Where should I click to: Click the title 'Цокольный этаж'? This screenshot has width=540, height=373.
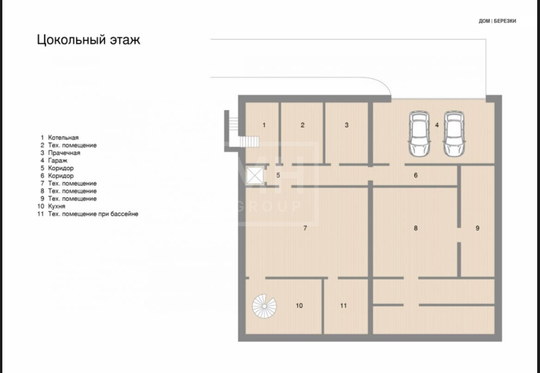pyautogui.click(x=89, y=40)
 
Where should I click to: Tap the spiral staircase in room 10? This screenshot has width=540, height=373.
pyautogui.click(x=264, y=306)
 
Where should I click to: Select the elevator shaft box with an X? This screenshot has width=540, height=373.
pyautogui.click(x=255, y=176)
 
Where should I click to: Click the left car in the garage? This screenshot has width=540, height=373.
pyautogui.click(x=419, y=133)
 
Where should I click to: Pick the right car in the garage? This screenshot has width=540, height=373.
pyautogui.click(x=454, y=133)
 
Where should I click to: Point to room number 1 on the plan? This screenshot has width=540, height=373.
pyautogui.click(x=264, y=125)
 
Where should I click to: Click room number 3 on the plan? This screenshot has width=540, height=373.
pyautogui.click(x=346, y=125)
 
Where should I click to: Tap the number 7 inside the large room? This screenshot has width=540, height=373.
pyautogui.click(x=305, y=228)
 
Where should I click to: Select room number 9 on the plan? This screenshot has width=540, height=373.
pyautogui.click(x=477, y=228)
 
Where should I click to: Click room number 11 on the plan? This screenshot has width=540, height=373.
pyautogui.click(x=343, y=306)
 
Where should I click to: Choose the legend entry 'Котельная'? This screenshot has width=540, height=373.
pyautogui.click(x=63, y=138)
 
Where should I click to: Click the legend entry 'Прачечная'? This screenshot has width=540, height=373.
pyautogui.click(x=64, y=153)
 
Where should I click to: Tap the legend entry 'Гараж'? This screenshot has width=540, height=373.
pyautogui.click(x=58, y=160)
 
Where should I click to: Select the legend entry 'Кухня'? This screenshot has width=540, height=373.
pyautogui.click(x=56, y=206)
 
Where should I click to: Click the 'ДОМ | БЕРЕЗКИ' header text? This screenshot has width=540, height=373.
pyautogui.click(x=498, y=21)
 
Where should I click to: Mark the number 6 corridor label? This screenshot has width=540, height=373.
pyautogui.click(x=416, y=175)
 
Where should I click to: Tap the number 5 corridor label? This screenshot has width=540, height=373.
pyautogui.click(x=278, y=175)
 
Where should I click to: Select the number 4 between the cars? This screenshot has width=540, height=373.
pyautogui.click(x=437, y=125)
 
